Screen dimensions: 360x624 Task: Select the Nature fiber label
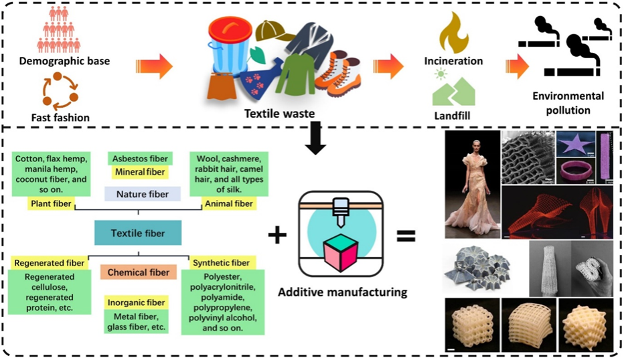(x=137, y=195)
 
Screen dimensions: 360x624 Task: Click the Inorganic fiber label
(x=137, y=302)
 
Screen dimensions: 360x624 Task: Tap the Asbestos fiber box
(x=140, y=159)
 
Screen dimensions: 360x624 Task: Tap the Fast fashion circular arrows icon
(x=61, y=92)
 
